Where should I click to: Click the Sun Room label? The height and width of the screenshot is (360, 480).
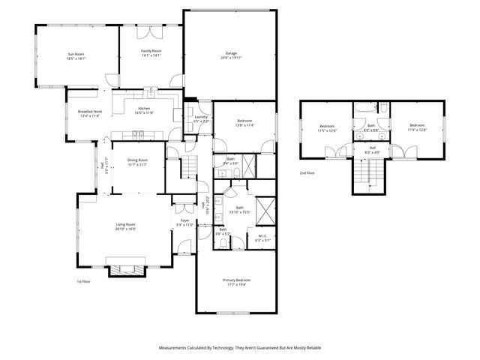(76, 53)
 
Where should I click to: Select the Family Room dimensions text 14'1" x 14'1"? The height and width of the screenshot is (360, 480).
(151, 55)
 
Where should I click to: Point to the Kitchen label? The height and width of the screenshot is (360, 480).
(144, 109)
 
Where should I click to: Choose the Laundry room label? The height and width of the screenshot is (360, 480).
(200, 117)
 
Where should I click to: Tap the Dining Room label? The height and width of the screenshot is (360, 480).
(137, 160)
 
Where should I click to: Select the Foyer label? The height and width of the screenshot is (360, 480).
(184, 220)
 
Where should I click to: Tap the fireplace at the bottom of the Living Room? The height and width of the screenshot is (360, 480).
(124, 268)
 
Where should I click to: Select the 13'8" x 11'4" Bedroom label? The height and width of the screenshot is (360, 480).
(244, 123)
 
